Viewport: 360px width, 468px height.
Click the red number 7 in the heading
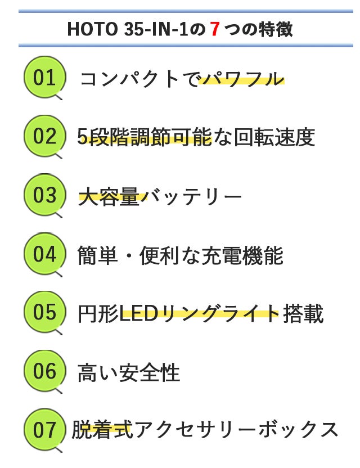point(215,29)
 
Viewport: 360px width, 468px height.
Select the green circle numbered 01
point(44,77)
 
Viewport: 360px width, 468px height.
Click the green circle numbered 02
point(44,136)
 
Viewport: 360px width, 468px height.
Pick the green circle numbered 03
point(44,195)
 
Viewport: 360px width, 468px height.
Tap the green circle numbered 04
point(44,253)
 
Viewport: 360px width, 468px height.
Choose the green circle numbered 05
point(44,312)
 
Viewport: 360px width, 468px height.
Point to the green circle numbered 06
point(44,371)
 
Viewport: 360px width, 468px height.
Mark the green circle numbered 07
point(44,430)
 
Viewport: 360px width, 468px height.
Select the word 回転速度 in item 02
point(274,137)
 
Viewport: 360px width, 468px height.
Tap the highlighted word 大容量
point(109,196)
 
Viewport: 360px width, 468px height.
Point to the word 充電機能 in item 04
point(242,255)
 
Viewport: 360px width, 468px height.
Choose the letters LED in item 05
point(139,314)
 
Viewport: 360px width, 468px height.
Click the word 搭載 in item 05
point(303,314)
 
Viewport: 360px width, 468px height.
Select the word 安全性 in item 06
point(149,372)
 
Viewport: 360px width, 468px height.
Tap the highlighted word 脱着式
point(102,430)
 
